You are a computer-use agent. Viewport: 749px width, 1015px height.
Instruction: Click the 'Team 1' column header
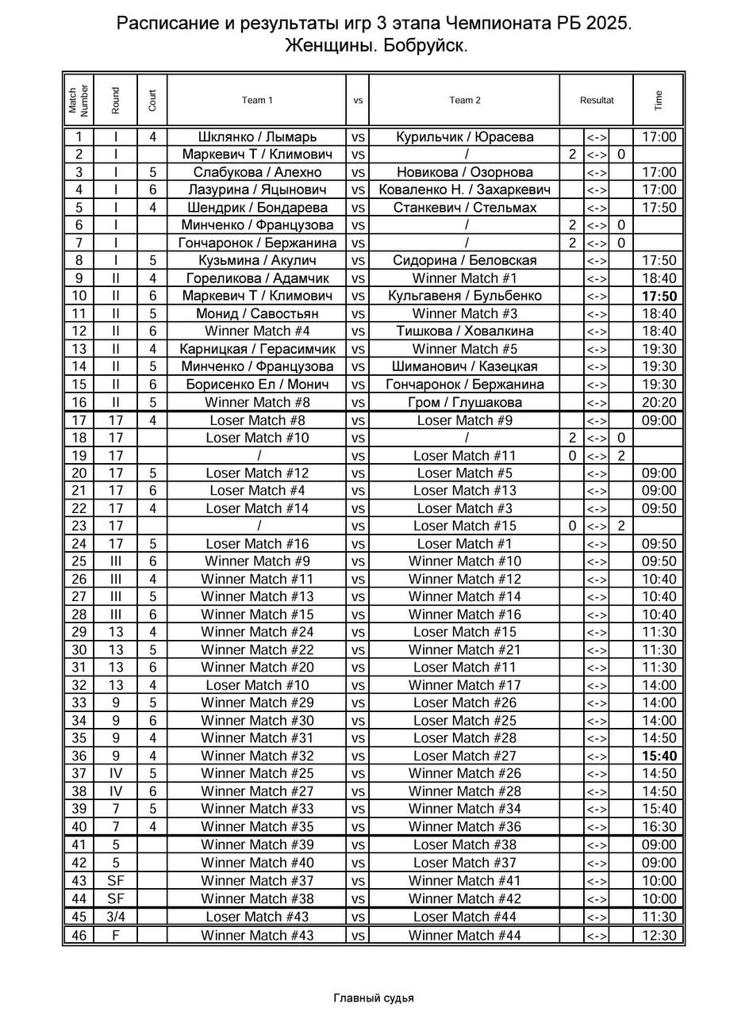point(257,100)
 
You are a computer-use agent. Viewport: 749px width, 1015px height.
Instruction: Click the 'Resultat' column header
point(597,100)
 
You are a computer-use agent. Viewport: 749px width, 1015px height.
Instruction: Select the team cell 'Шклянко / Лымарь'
point(257,137)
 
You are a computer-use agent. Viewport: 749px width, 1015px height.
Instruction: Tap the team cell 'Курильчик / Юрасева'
point(465,137)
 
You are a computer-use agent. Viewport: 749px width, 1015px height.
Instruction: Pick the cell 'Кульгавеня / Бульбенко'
point(465,296)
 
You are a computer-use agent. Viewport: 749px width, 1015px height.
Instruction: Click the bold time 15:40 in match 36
point(659,756)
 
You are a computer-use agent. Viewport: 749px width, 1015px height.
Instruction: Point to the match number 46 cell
point(79,935)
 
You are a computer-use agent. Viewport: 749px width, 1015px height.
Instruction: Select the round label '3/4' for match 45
point(116,917)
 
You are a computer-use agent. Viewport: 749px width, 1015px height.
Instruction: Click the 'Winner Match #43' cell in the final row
point(257,935)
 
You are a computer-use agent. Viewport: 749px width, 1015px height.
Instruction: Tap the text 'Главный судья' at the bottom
point(374,998)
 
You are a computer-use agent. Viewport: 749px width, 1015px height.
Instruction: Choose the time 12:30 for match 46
point(659,935)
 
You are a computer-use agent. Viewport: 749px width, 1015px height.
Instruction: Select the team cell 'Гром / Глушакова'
point(465,402)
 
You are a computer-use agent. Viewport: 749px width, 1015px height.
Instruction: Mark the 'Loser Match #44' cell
point(465,917)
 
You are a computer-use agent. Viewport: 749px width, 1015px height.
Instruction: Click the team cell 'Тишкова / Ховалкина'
point(465,331)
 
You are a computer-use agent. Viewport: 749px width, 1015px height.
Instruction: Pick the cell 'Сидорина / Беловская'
point(465,260)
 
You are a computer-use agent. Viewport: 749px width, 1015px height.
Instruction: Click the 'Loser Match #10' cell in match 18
point(257,438)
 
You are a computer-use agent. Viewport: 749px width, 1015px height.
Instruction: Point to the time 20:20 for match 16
point(659,402)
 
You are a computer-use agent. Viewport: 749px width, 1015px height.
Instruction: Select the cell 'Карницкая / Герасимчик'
point(257,349)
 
